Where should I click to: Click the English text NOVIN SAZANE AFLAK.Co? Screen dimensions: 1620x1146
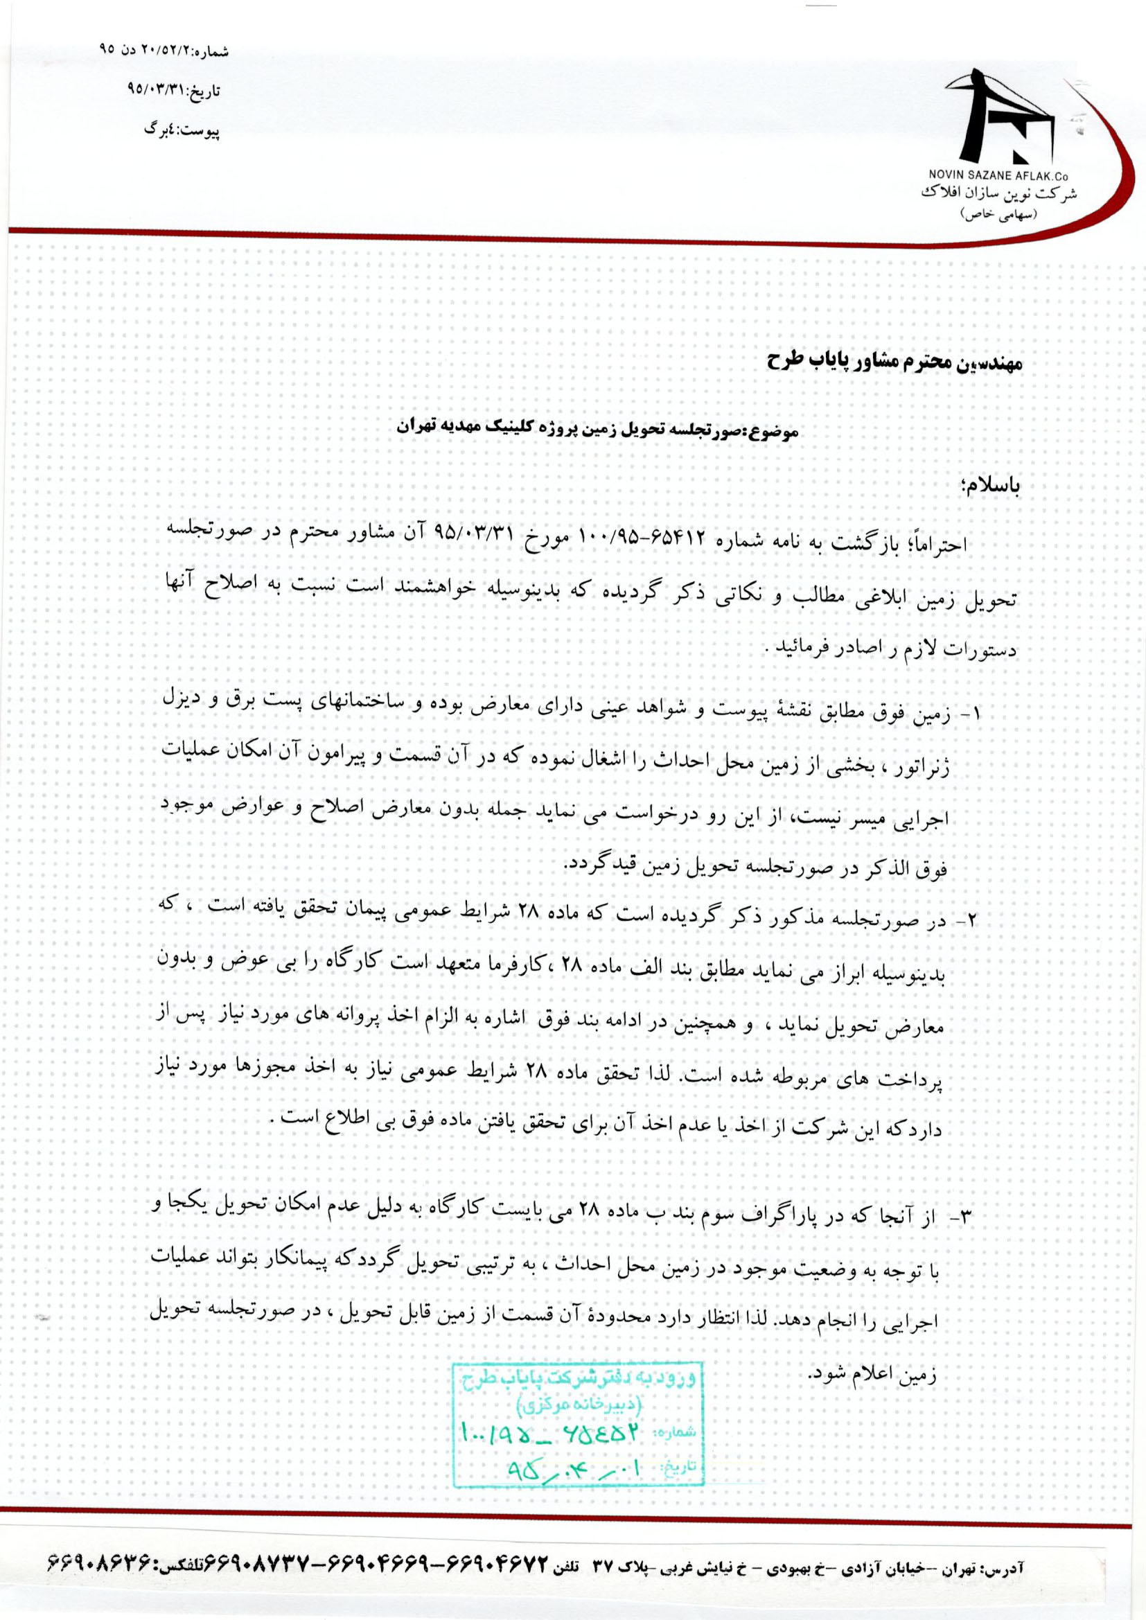pyautogui.click(x=1003, y=175)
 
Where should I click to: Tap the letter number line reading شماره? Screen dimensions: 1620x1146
pyautogui.click(x=164, y=51)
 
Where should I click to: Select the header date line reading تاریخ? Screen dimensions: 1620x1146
pyautogui.click(x=174, y=90)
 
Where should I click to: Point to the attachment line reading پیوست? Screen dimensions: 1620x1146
pyautogui.click(x=182, y=130)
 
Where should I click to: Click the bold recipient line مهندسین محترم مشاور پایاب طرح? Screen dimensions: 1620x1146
pyautogui.click(x=894, y=362)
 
